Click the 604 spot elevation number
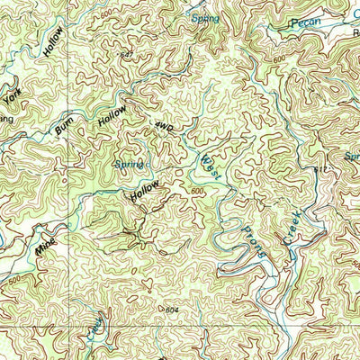point(173,309)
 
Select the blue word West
point(209,166)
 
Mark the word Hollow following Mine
point(145,190)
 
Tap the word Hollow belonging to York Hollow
point(54,41)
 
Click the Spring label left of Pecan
point(205,18)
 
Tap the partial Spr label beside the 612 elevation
point(351,156)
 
